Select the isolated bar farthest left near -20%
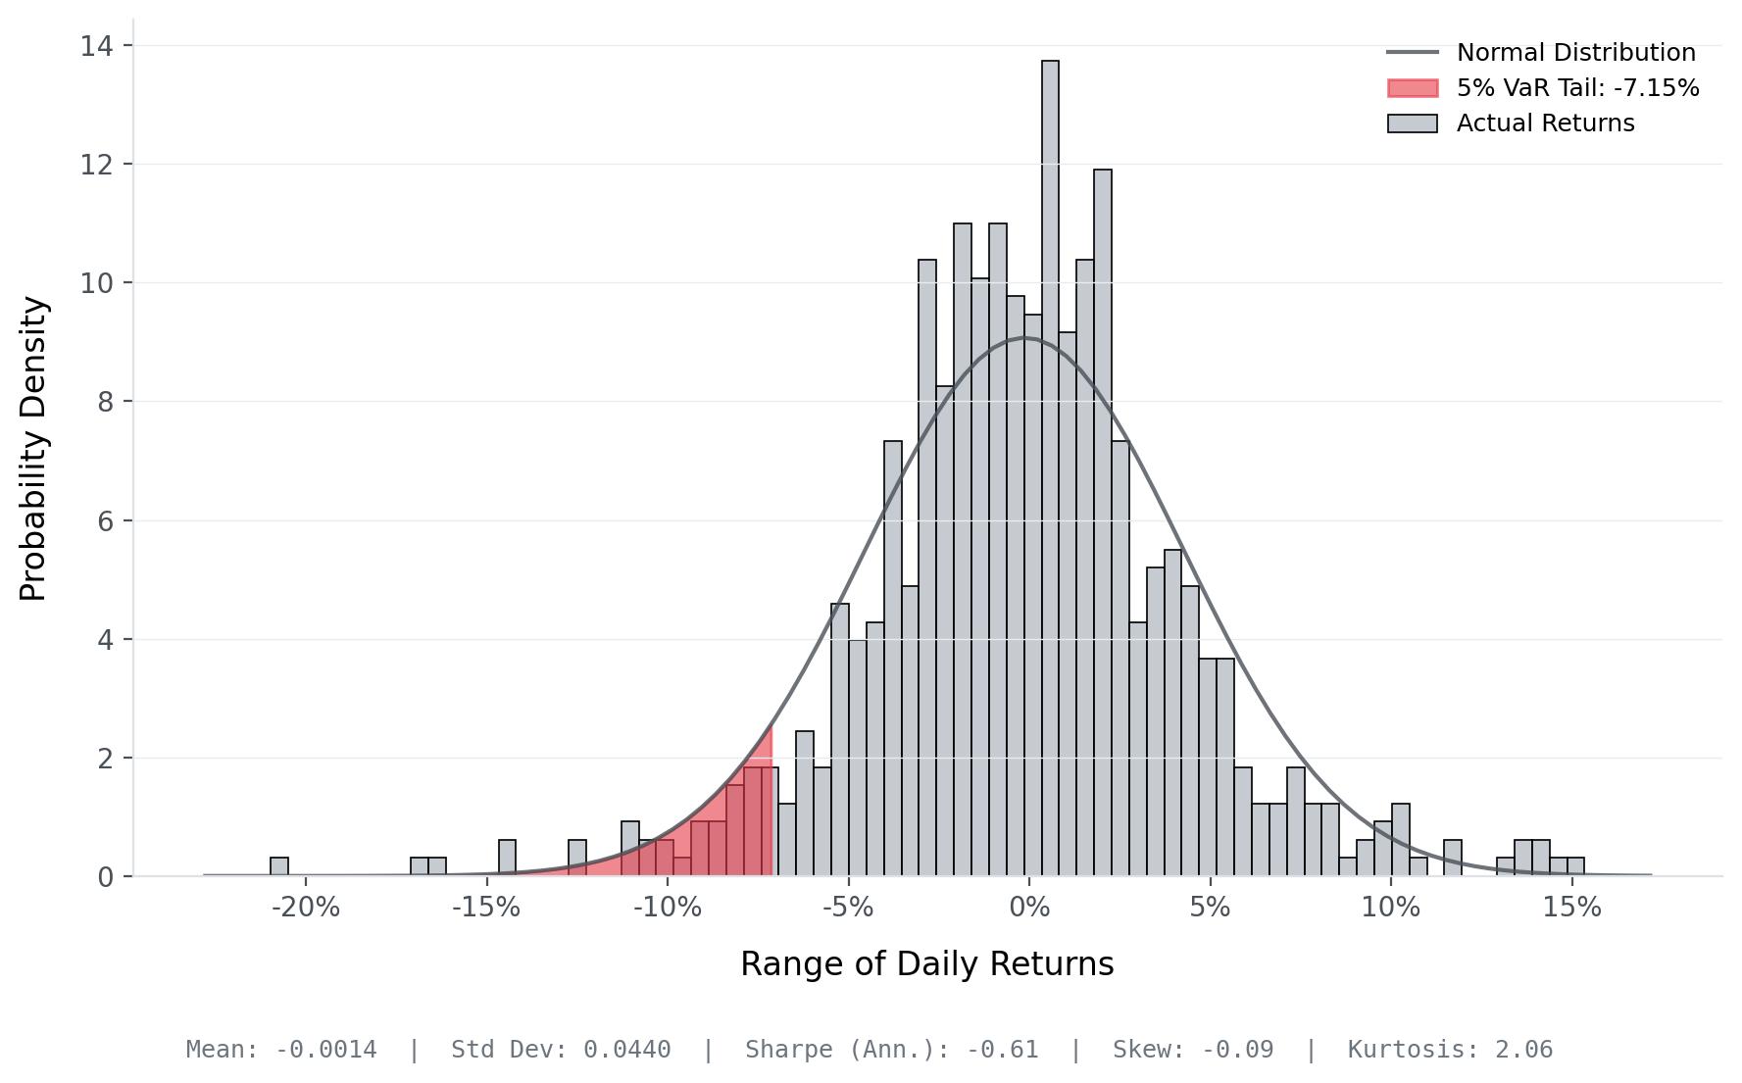point(279,867)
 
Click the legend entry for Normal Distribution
point(1575,53)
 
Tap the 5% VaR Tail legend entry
point(1577,88)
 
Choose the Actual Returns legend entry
point(1545,123)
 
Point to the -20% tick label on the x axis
point(305,908)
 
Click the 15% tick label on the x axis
point(1571,908)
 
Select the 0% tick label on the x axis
point(1028,908)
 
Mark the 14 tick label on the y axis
point(96,46)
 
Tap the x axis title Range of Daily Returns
point(926,964)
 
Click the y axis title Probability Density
point(33,449)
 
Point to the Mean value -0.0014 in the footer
point(325,1050)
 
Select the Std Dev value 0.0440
point(626,1050)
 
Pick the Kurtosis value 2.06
point(1523,1050)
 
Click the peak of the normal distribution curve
point(1024,338)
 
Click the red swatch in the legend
point(1413,88)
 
